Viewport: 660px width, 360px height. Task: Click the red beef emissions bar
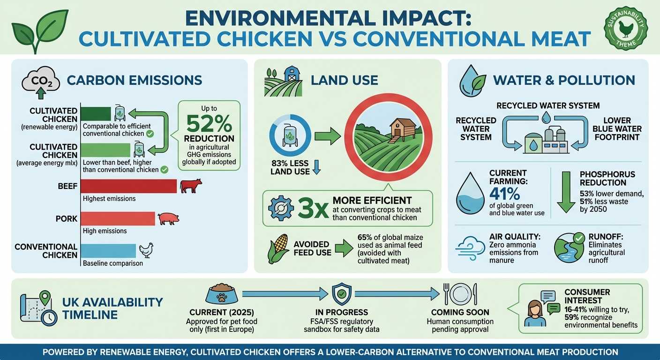point(129,186)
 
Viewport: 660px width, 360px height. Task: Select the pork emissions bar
point(118,219)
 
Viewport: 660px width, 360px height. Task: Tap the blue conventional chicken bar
point(108,251)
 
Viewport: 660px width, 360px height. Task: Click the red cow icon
point(190,185)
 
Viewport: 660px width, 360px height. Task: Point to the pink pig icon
point(168,218)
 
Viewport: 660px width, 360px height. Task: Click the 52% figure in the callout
point(209,124)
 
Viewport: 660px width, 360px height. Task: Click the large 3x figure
point(313,209)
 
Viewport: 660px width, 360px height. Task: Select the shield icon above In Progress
point(341,294)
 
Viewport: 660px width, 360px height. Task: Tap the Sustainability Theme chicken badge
point(625,28)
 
